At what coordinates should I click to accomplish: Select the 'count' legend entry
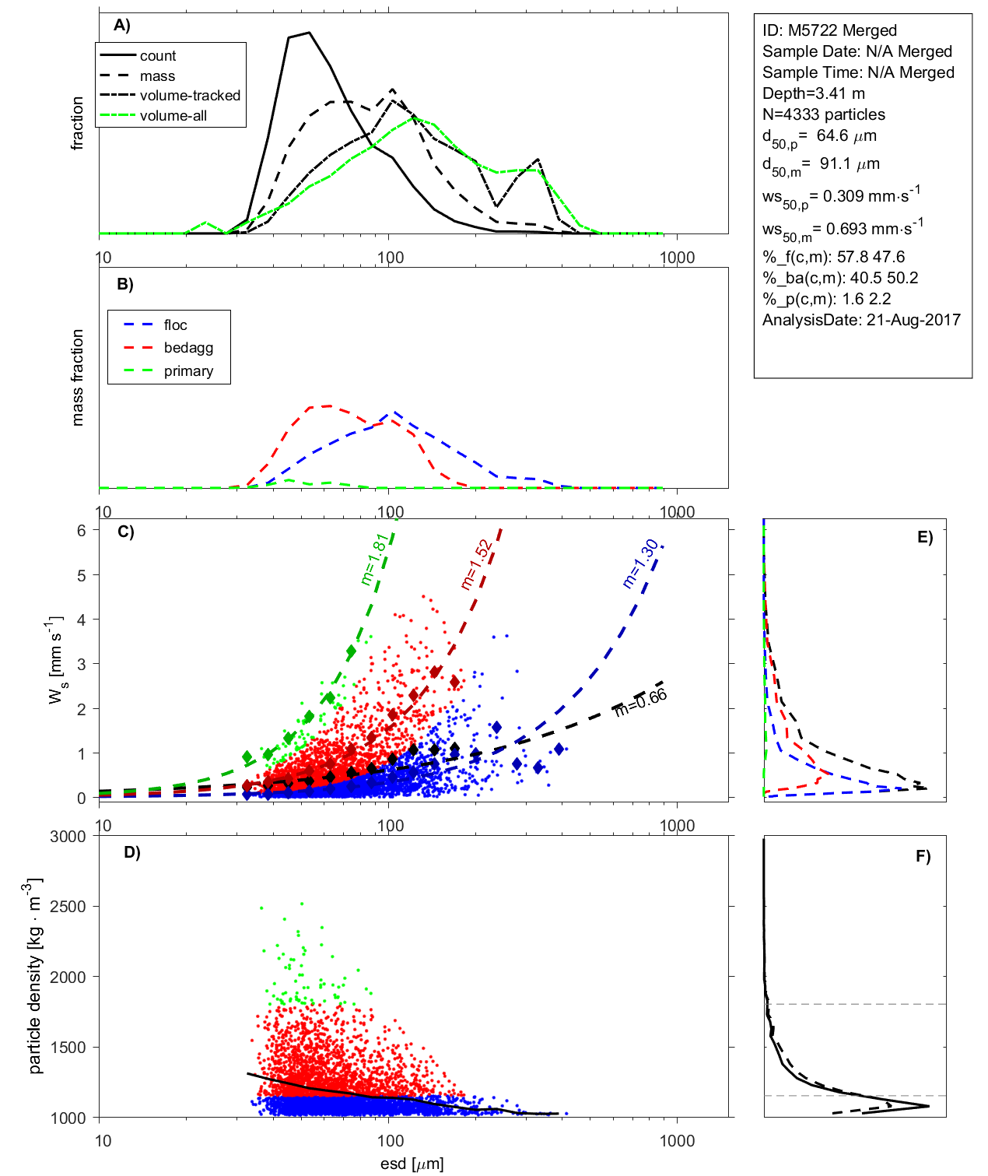pos(158,56)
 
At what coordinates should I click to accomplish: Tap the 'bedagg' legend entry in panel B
pos(188,348)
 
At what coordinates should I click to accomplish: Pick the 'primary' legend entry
pos(188,371)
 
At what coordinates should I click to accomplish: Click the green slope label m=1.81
pos(374,559)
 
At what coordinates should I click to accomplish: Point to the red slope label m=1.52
pos(475,564)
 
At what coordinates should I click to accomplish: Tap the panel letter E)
pos(924,537)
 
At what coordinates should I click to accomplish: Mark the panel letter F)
pos(923,856)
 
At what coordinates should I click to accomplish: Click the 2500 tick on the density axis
pos(68,907)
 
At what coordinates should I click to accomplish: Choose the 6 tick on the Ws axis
pos(81,530)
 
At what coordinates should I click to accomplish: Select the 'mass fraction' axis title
pos(77,377)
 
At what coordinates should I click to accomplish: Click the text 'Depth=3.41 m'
pos(813,93)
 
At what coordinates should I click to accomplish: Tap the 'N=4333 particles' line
pos(823,114)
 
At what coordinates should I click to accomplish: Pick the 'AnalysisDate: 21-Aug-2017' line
pos(861,320)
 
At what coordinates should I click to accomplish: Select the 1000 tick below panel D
pos(677,1141)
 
